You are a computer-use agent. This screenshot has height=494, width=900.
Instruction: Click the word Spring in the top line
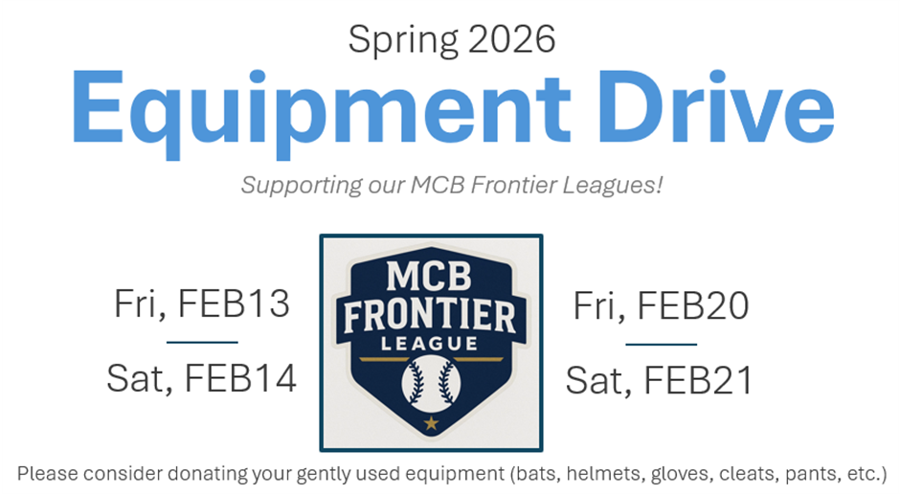(x=403, y=40)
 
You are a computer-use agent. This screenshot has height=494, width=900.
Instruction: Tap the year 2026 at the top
(x=511, y=39)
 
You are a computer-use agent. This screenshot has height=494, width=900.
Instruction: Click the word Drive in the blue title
(x=716, y=106)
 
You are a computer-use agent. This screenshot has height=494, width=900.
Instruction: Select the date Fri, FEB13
(x=201, y=303)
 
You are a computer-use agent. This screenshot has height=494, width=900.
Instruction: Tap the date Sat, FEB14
(x=201, y=378)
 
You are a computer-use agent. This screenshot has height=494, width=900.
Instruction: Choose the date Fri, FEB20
(x=661, y=305)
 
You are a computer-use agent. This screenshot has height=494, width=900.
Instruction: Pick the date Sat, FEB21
(x=659, y=380)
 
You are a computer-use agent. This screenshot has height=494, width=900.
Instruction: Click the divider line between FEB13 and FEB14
(x=202, y=343)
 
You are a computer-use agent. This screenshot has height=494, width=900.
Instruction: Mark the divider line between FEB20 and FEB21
(x=662, y=345)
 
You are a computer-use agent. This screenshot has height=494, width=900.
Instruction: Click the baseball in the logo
(x=431, y=383)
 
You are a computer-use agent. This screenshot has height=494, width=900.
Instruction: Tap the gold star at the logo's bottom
(x=431, y=424)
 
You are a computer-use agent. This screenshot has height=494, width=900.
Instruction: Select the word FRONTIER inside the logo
(x=430, y=316)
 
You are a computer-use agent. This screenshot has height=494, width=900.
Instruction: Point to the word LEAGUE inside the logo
(x=429, y=344)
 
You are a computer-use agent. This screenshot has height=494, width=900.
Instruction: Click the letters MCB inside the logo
(x=429, y=277)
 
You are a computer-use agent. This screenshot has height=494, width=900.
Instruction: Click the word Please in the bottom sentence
(x=48, y=474)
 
